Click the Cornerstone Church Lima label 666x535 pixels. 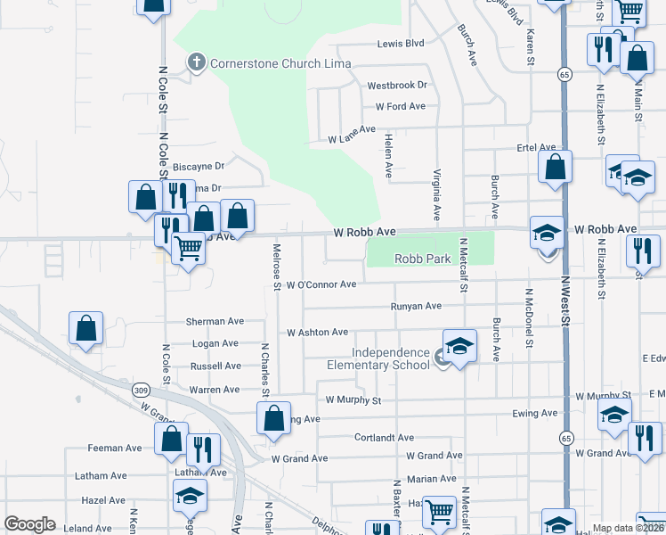(x=280, y=63)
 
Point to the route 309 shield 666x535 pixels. (x=141, y=390)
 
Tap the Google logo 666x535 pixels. (x=29, y=524)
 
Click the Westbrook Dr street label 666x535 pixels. (x=397, y=86)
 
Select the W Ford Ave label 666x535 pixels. (x=401, y=106)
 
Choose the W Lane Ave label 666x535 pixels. (x=352, y=139)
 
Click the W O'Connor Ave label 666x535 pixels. (x=321, y=285)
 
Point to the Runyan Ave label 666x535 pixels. (x=416, y=306)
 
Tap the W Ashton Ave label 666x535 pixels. (x=317, y=332)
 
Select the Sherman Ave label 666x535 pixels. (x=215, y=321)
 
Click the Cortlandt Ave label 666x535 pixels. (x=384, y=438)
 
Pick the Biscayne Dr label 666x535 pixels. (x=198, y=166)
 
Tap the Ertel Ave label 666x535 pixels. (x=536, y=147)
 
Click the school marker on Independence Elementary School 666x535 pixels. (x=459, y=346)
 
